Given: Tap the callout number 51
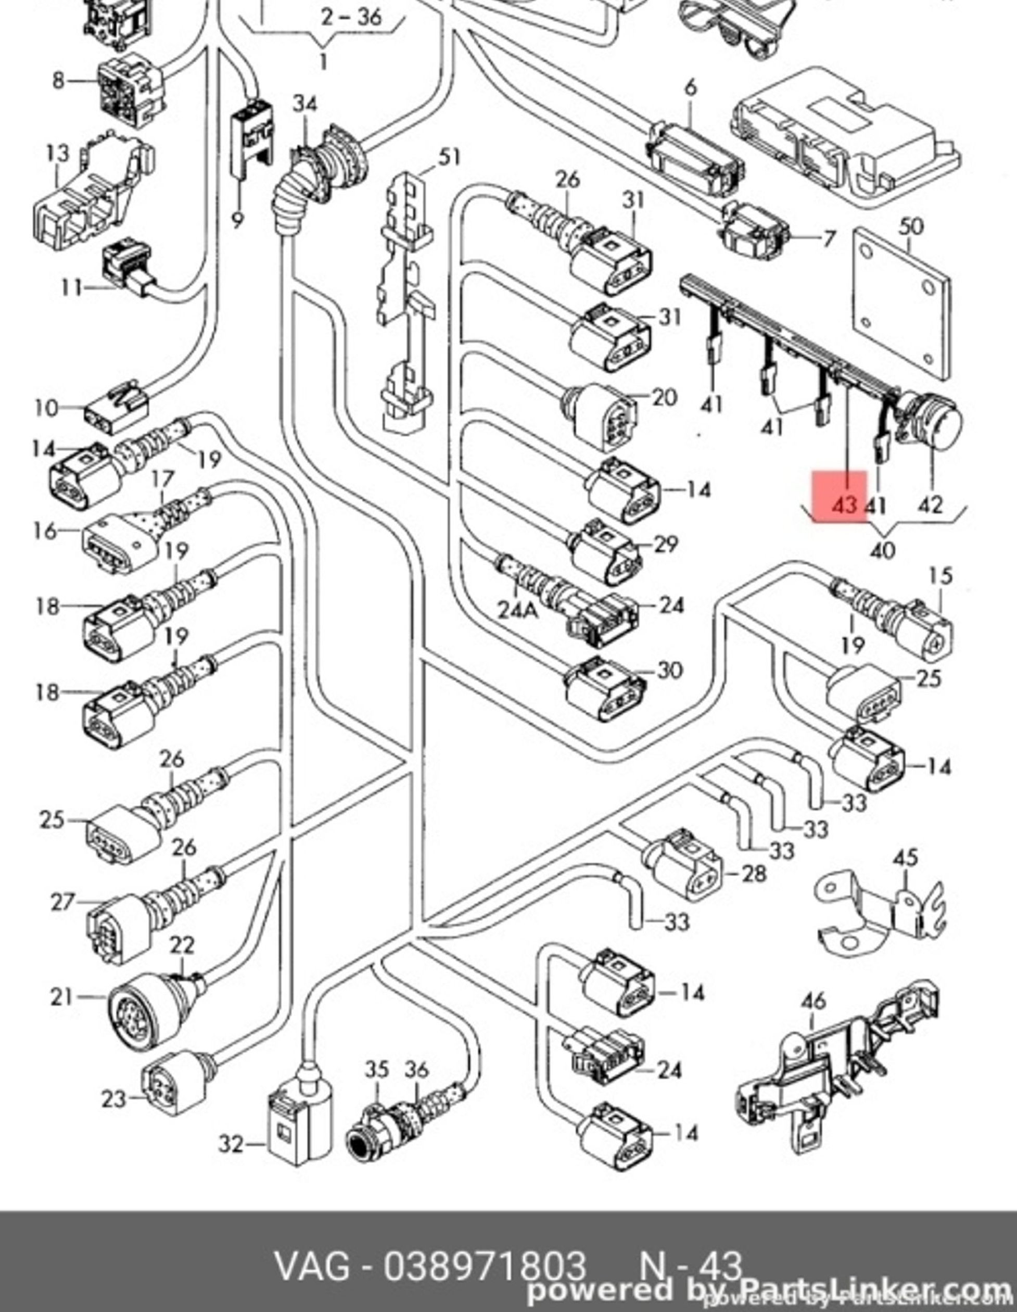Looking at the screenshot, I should click(x=449, y=157).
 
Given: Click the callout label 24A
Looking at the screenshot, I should click(x=518, y=609).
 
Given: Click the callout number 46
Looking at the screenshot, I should click(x=813, y=1001).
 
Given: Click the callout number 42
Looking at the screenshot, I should click(x=931, y=504).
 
